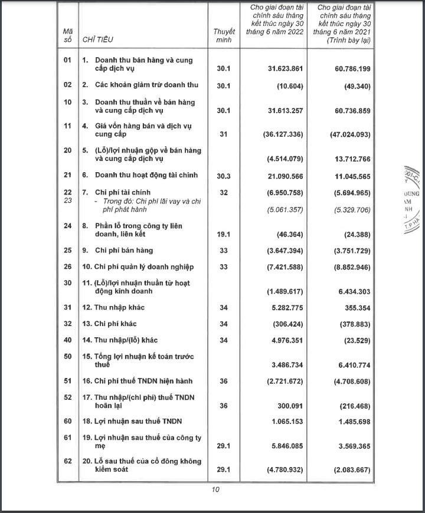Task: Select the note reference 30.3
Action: tap(224, 175)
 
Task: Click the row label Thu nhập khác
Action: tap(117, 307)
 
